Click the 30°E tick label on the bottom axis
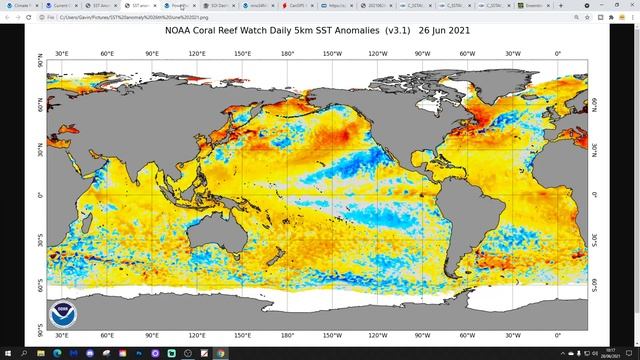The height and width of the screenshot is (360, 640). [x=62, y=337]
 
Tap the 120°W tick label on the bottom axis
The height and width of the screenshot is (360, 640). [x=378, y=337]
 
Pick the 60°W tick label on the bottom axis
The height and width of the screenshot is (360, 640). [x=468, y=337]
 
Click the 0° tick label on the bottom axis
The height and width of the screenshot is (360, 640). [x=558, y=337]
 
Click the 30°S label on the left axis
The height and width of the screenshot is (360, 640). [x=40, y=241]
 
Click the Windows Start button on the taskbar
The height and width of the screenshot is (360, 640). [x=7, y=353]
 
